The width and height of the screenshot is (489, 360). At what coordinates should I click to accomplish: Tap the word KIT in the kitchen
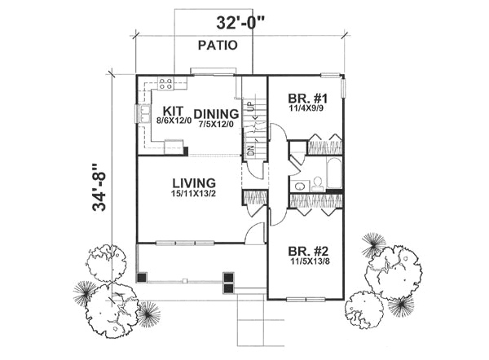(x=173, y=111)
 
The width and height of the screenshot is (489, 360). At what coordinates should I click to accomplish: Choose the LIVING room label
(x=193, y=182)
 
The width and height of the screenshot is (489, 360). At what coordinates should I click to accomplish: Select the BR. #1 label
(x=306, y=94)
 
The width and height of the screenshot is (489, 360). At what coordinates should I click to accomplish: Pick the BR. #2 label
(x=306, y=251)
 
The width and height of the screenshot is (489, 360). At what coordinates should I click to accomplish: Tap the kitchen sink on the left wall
(x=143, y=116)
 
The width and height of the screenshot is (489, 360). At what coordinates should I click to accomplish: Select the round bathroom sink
(x=299, y=186)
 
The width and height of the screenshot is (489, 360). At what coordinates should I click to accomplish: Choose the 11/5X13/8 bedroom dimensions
(x=306, y=261)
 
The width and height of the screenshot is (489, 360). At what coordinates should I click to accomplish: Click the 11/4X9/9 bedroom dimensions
(x=306, y=105)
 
